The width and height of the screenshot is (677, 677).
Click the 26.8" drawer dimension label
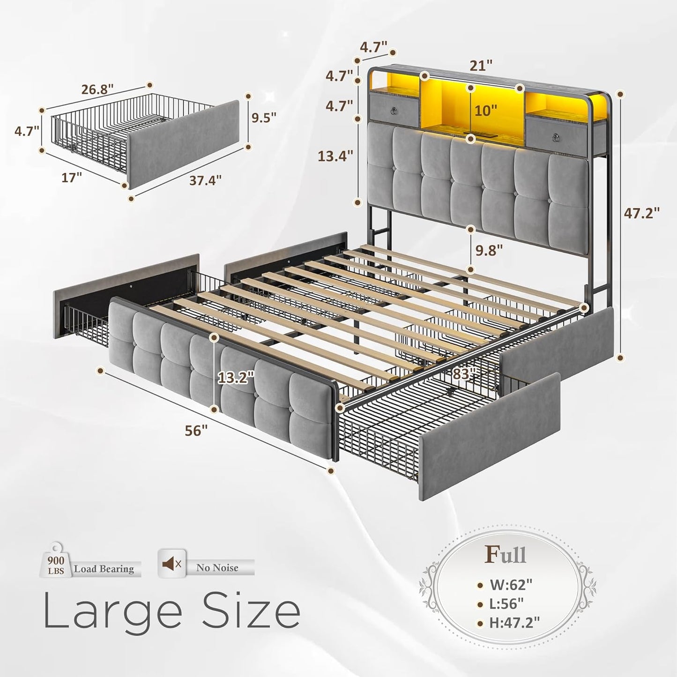click(x=97, y=89)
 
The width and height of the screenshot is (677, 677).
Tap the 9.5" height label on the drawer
click(x=264, y=117)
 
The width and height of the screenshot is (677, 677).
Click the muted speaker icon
click(x=171, y=564)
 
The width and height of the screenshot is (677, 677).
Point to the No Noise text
click(x=217, y=568)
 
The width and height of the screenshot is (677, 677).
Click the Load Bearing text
click(x=104, y=569)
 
